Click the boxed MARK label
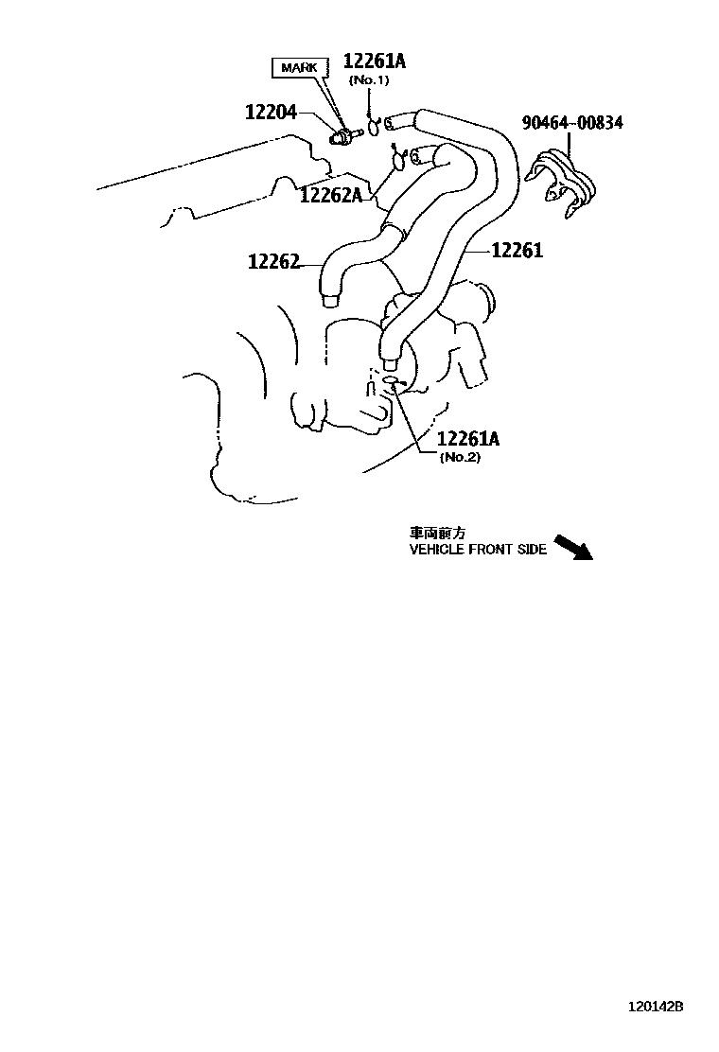tap(298, 68)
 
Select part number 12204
tap(272, 113)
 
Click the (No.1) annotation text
tap(369, 80)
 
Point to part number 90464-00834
tap(572, 123)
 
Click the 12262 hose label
tap(273, 261)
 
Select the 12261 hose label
tap(517, 251)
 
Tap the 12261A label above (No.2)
tap(468, 439)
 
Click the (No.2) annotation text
tap(461, 457)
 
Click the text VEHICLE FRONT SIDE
tap(478, 550)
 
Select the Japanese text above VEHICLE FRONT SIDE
tap(434, 533)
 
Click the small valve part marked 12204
tap(341, 138)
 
